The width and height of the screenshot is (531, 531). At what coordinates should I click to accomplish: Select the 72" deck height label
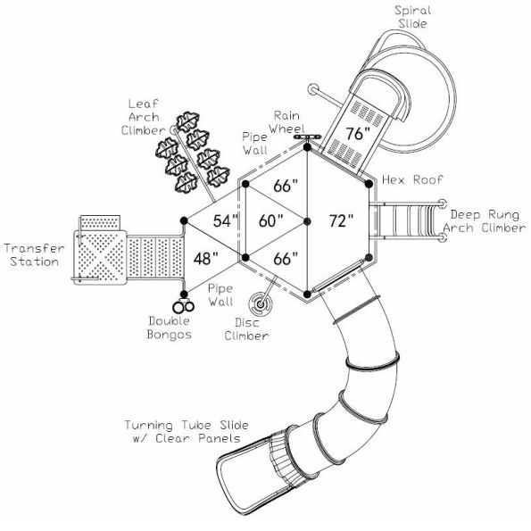click(340, 220)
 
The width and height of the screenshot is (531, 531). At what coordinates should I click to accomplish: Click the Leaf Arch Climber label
click(142, 117)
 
